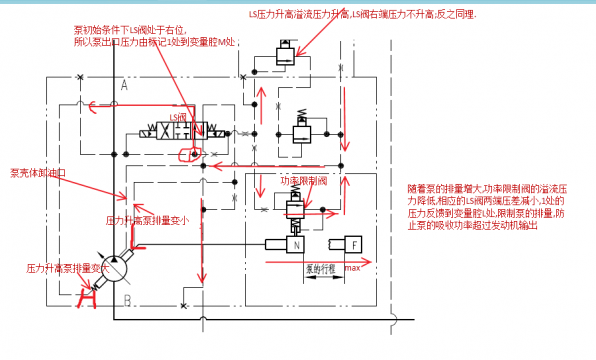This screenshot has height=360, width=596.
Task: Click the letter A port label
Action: (123, 87)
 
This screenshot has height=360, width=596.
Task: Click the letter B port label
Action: (127, 298)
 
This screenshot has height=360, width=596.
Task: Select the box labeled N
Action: (296, 244)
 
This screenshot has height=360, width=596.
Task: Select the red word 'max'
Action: (351, 268)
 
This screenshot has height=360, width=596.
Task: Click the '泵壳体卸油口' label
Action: (37, 172)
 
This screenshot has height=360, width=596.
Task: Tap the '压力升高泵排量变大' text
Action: (67, 268)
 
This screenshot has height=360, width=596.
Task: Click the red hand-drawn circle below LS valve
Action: (187, 153)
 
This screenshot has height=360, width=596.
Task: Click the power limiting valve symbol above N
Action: (294, 207)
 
